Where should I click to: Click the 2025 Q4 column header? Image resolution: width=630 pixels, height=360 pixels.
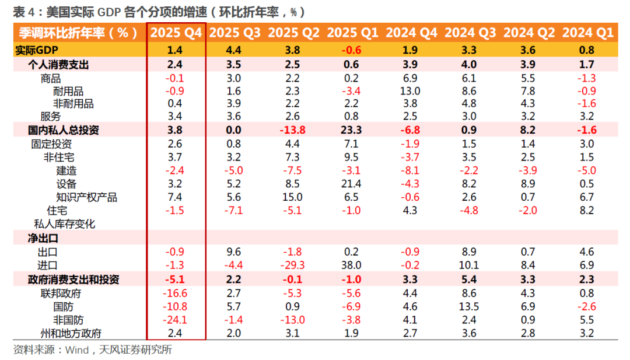coord(176,33)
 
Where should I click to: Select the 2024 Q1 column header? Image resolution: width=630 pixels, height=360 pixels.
coord(588,33)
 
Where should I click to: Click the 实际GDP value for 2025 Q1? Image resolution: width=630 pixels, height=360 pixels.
coord(351,50)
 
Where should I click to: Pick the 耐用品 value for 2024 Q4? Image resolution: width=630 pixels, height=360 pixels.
coord(410,91)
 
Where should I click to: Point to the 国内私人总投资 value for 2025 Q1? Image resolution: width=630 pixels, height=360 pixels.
coord(351,130)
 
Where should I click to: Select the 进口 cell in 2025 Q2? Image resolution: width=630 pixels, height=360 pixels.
coord(292,265)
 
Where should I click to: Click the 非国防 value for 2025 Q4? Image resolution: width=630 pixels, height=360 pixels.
coord(175,320)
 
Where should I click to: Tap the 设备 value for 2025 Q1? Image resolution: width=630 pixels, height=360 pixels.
coord(351,184)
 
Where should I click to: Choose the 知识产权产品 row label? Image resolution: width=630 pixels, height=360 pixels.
coord(86,197)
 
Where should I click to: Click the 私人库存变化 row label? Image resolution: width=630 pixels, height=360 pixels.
coord(64,224)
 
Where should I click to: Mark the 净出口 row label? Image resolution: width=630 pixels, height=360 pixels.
coord(43,238)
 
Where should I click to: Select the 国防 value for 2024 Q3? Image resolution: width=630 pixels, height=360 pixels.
coord(469,306)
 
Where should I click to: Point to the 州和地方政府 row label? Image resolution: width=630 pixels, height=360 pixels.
coord(71,333)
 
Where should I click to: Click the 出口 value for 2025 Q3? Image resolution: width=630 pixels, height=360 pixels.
coord(233,252)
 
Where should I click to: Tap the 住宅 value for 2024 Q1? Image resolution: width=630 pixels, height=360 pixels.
coord(587,211)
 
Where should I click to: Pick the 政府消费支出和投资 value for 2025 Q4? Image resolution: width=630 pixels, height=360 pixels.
coord(175,279)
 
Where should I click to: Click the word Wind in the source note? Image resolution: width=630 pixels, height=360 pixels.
coord(77,350)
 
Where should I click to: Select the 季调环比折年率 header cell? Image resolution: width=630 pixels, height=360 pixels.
coord(78,33)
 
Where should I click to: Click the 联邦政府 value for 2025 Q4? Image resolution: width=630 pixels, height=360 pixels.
coord(175,293)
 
